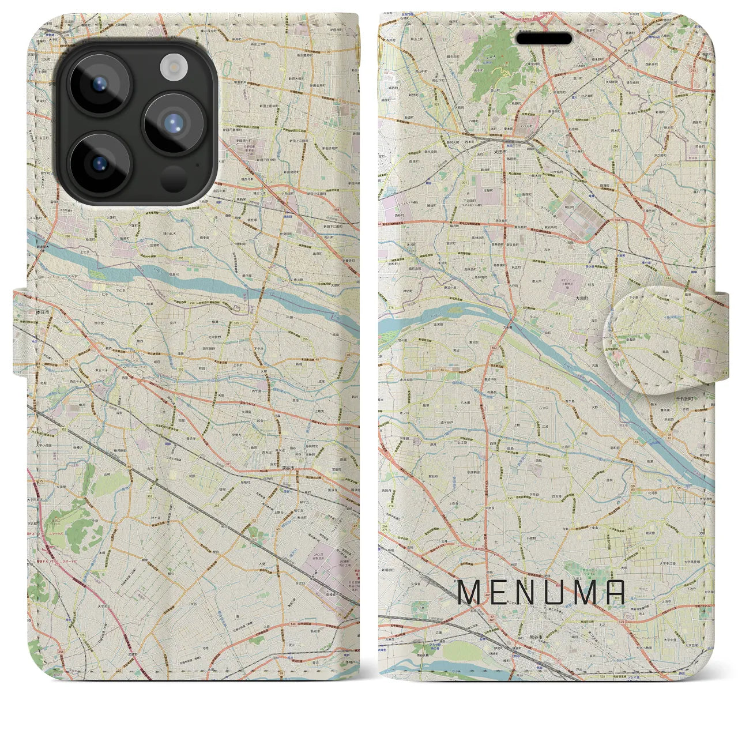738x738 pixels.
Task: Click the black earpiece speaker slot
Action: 544,39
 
